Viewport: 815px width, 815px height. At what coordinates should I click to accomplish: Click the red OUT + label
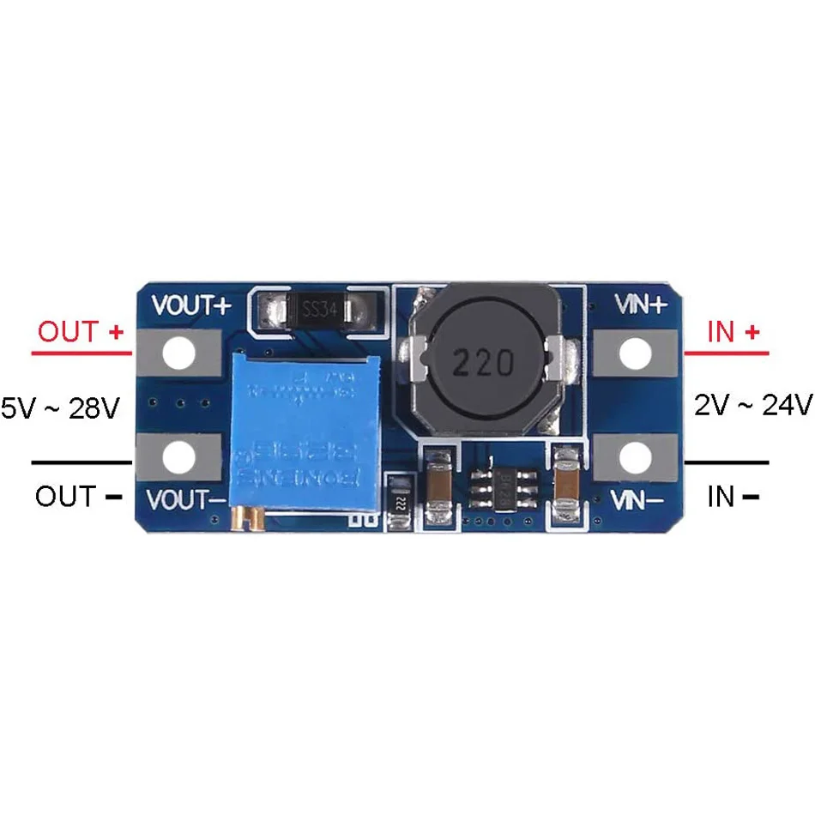pos(80,332)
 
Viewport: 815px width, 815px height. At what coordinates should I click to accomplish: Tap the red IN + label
pos(732,332)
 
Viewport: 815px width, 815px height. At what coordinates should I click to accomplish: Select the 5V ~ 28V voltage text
pos(59,407)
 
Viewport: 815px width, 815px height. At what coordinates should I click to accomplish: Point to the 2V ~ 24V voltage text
pos(752,403)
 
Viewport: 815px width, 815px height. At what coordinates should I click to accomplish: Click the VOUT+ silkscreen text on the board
pos(190,306)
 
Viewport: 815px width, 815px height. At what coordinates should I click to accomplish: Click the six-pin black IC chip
pos(496,492)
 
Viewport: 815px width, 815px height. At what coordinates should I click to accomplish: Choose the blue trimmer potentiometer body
pos(305,429)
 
